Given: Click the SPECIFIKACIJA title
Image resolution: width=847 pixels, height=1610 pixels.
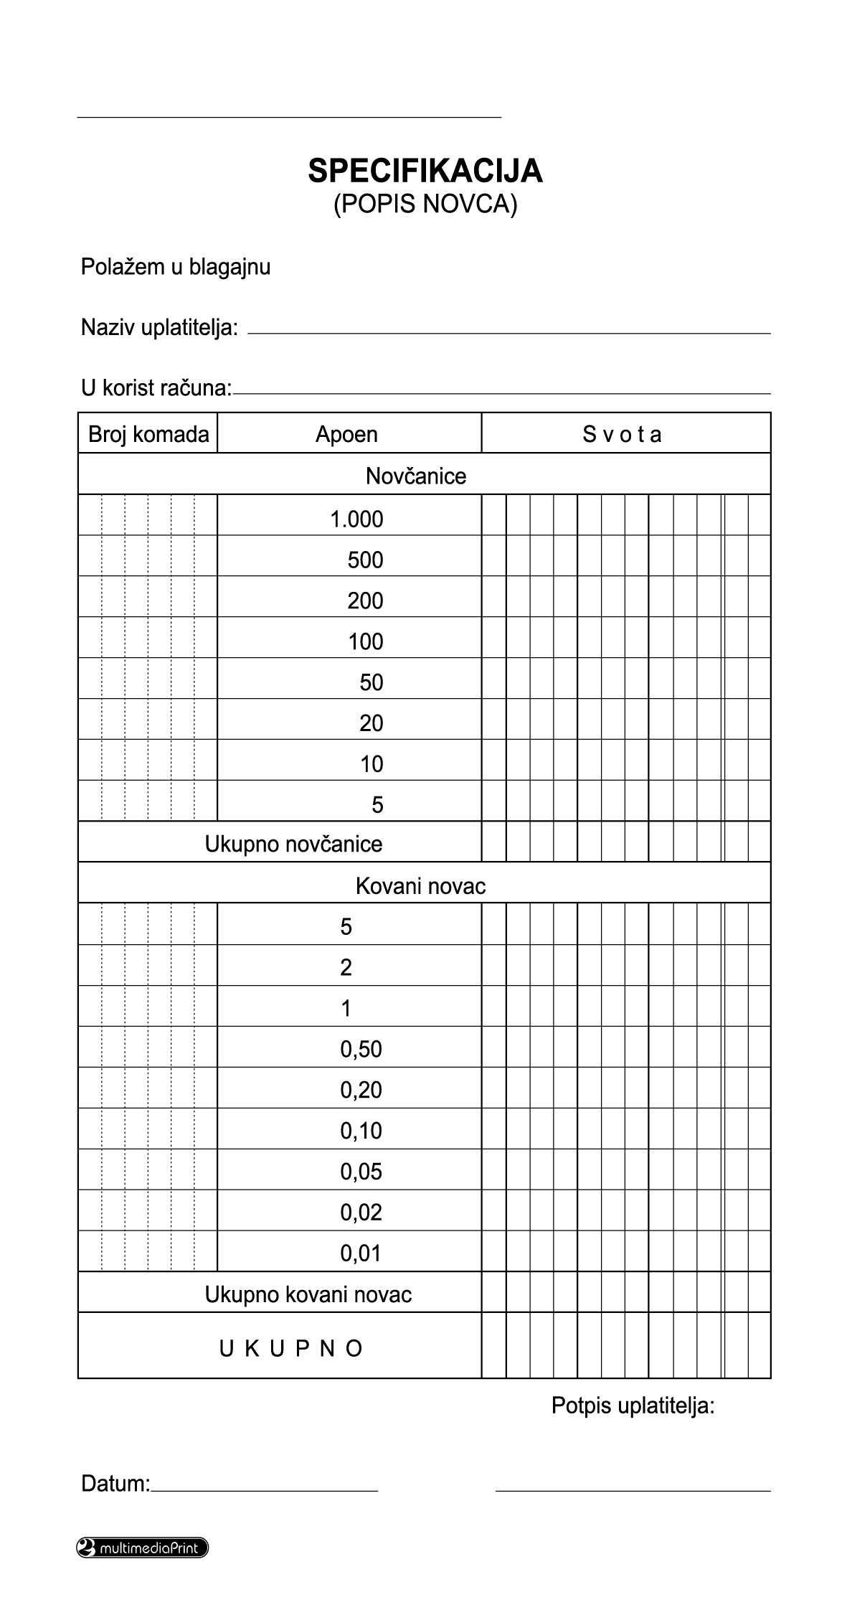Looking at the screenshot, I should click(425, 171).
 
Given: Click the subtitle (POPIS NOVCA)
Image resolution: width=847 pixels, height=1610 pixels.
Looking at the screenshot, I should click(425, 204).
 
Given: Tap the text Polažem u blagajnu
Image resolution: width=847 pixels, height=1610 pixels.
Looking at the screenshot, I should click(176, 267).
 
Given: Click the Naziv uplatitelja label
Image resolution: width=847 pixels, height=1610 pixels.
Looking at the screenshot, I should click(159, 328).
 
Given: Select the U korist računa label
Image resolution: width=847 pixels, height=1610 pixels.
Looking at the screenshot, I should click(156, 388).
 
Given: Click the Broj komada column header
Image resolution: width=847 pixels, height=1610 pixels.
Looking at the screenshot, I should click(148, 434).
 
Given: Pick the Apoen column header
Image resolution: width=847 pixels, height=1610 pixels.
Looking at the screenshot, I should click(346, 434).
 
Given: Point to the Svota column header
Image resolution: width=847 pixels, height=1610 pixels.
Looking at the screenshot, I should click(622, 434).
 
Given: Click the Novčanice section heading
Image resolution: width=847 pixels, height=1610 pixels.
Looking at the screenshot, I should click(416, 476).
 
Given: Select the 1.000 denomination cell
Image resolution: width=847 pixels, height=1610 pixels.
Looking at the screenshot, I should click(356, 519).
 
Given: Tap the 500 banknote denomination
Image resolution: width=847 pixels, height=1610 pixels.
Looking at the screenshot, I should click(365, 560).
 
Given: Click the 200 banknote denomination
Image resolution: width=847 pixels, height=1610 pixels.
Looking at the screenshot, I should click(365, 601).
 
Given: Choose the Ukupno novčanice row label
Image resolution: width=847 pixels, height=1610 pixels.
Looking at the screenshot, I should click(293, 844).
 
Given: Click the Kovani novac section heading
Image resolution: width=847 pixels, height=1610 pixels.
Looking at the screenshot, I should click(420, 886).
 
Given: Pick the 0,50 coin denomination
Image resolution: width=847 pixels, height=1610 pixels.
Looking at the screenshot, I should click(361, 1049).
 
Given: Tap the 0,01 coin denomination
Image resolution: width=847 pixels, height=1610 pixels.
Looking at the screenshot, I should click(361, 1253).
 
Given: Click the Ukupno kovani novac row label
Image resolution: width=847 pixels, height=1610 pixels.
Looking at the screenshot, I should click(308, 1294).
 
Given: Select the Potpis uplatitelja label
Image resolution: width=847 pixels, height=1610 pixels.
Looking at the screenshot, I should click(633, 1406).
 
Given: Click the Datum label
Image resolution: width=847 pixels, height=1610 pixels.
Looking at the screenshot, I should click(115, 1483).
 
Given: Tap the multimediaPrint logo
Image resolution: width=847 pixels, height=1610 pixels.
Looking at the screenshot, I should click(142, 1548).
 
